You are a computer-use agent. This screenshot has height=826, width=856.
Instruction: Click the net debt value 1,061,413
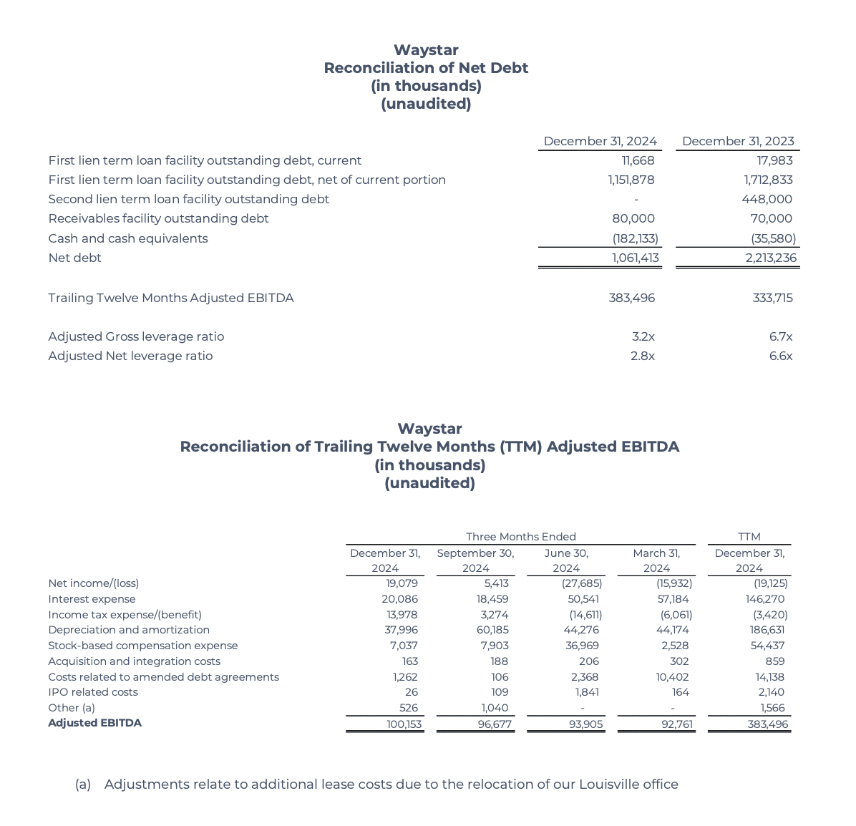coord(635,258)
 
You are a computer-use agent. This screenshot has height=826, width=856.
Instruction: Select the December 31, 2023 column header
coord(738,141)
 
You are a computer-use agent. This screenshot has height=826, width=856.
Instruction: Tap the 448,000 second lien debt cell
coord(767,199)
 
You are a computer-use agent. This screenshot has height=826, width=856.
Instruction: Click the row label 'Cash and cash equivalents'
coord(128,238)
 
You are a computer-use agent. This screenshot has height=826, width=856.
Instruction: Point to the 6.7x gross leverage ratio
coord(780,336)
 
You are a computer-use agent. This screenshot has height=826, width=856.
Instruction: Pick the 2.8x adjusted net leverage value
coord(642,356)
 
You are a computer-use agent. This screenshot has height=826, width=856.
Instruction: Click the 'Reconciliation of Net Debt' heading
coord(426,68)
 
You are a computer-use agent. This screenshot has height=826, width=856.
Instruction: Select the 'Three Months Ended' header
coord(520,537)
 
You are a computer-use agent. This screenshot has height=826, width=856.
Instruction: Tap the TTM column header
coord(749,537)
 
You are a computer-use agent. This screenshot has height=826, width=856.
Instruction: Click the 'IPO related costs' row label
coord(93,692)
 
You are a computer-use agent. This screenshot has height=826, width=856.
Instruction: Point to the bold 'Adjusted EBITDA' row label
coord(94,723)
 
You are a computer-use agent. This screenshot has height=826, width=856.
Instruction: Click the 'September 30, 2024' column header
coord(475,560)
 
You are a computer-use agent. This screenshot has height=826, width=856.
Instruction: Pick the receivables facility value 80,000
coord(633,218)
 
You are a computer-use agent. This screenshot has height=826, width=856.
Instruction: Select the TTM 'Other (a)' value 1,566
coord(772,708)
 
